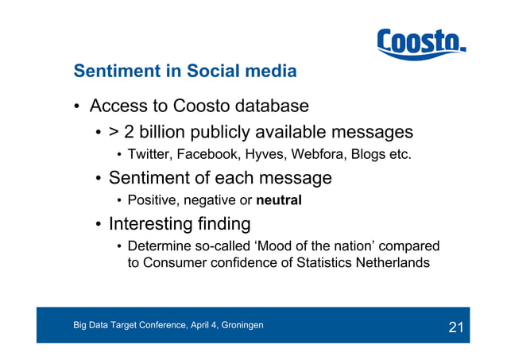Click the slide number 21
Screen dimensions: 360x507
click(x=455, y=327)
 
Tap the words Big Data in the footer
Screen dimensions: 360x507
click(x=92, y=325)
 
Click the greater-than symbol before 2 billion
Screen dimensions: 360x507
click(x=114, y=132)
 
